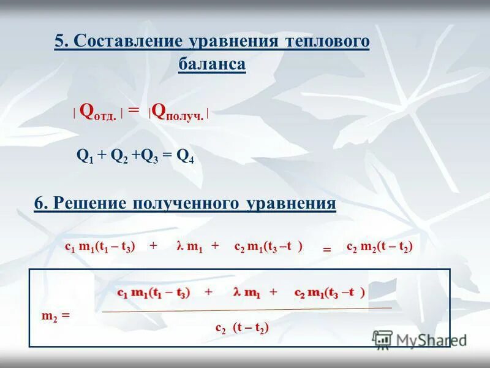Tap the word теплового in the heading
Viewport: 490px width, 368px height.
point(326,41)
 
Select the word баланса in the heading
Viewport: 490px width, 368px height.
point(212,64)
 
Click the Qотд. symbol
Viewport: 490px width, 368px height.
point(98,112)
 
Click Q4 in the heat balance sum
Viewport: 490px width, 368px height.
point(185,156)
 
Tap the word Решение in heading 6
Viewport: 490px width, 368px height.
point(89,204)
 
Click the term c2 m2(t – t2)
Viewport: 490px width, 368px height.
point(380,246)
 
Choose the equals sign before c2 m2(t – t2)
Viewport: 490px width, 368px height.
point(326,250)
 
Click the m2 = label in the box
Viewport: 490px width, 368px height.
point(56,315)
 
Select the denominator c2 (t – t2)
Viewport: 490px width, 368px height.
point(242,328)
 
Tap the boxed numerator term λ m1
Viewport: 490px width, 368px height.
point(246,293)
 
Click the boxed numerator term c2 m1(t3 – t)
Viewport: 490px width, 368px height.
point(330,293)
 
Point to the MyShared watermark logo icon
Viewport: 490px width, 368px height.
point(383,339)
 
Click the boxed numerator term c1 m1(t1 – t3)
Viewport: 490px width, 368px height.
point(154,293)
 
